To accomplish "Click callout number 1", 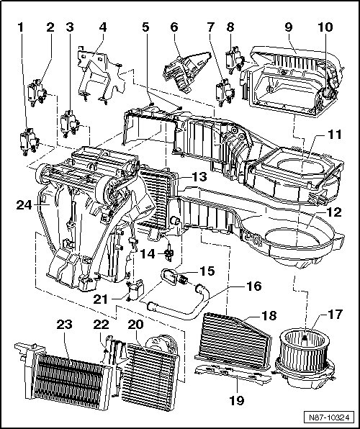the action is pos(21,27).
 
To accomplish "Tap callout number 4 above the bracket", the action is pos(103,27).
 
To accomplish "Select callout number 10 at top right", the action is pos(325,27).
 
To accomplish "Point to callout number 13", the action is pos(199,177).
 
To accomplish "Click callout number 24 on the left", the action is pos(24,205).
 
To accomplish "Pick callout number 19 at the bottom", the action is pos(237,400).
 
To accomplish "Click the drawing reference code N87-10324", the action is pos(329,417).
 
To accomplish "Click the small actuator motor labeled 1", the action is pos(29,141).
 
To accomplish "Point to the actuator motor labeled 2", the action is pos(37,92).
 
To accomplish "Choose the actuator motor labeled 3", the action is pos(70,124).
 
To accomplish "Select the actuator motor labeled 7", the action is pos(225,92).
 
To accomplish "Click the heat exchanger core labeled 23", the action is pos(67,378).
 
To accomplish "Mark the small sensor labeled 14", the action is pos(169,252).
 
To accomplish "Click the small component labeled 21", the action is pos(135,290).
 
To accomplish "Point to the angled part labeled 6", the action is pos(186,71).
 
